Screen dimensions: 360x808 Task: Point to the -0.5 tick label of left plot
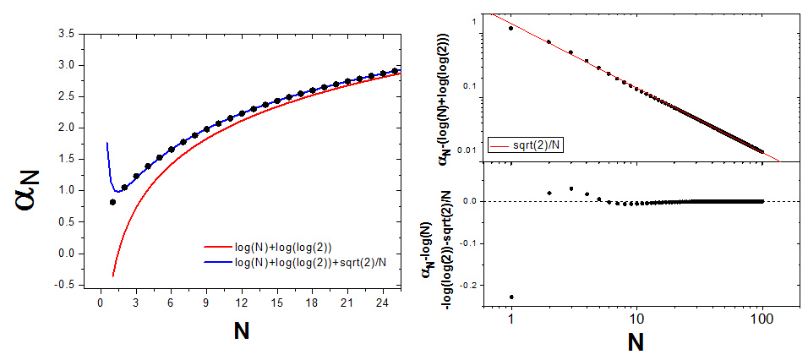point(71,285)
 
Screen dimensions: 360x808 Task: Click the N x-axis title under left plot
point(242,331)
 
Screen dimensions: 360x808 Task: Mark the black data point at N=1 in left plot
point(112,202)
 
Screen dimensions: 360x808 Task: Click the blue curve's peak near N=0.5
point(106,144)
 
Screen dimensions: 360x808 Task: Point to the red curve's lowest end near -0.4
point(112,275)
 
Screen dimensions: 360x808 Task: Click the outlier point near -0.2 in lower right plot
point(511,297)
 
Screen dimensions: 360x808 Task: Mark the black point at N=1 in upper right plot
point(511,28)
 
